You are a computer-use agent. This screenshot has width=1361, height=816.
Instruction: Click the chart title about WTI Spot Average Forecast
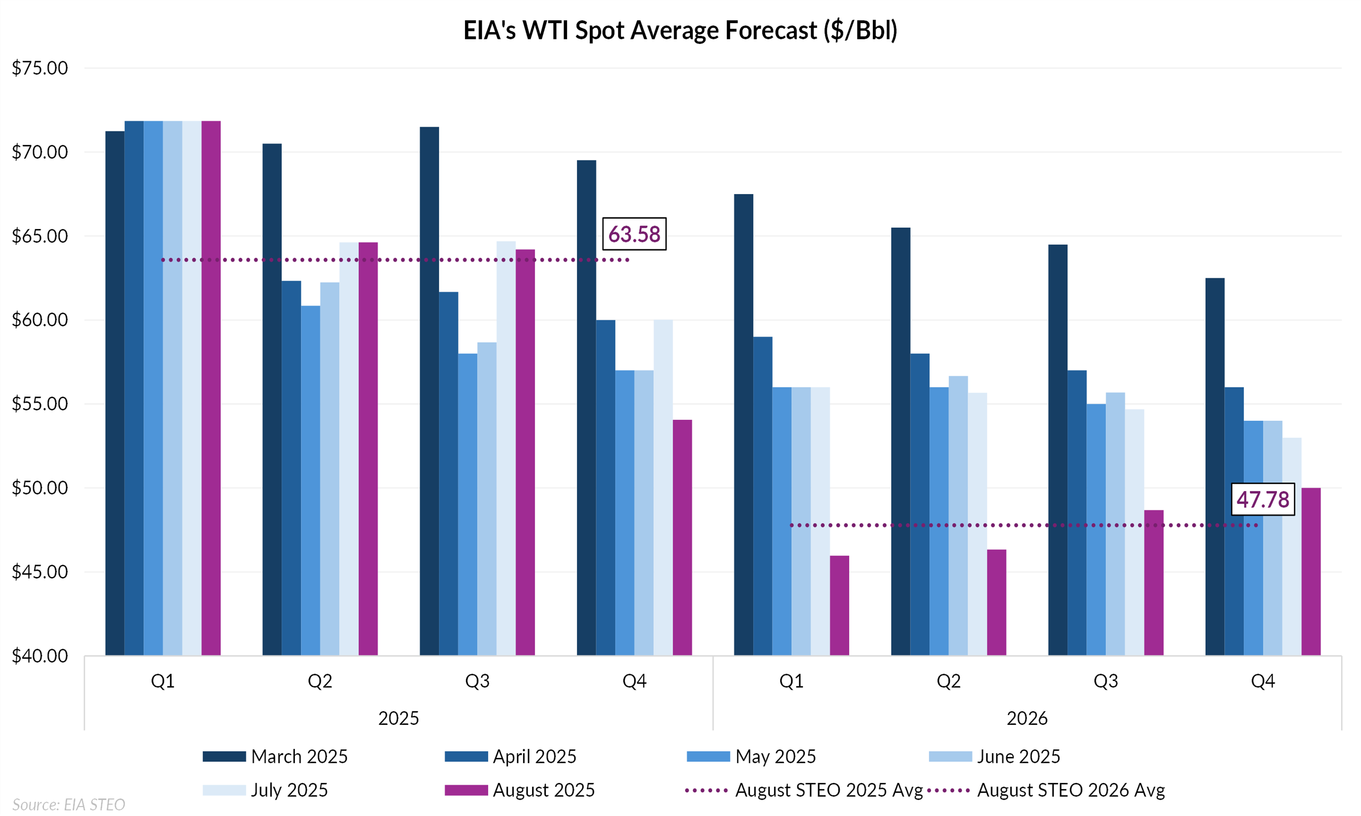680,30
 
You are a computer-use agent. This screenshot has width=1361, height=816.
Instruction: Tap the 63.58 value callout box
634,234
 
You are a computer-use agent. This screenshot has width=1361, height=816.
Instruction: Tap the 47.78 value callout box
1263,499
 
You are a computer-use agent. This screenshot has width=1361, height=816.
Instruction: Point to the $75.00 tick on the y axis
39,68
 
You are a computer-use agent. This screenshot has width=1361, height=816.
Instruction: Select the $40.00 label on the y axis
39,656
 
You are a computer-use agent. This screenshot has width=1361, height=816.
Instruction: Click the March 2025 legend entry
275,757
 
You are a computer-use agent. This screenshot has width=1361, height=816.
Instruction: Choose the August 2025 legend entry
520,790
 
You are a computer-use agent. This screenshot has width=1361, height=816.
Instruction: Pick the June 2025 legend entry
994,757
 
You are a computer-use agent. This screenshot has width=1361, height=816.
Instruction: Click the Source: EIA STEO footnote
69,805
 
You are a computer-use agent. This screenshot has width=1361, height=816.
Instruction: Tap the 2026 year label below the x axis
1027,718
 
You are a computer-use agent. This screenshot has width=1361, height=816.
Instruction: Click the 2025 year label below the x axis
398,718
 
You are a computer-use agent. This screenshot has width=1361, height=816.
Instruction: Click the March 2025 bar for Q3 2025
429,391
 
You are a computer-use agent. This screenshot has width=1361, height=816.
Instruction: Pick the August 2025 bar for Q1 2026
839,605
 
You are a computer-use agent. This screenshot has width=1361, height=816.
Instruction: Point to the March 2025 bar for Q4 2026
1214,467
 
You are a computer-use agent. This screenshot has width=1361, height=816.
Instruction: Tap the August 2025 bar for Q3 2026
1154,583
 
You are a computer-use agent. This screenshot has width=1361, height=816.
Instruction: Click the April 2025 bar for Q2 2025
291,468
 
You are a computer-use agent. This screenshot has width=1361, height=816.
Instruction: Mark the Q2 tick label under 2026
949,681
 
